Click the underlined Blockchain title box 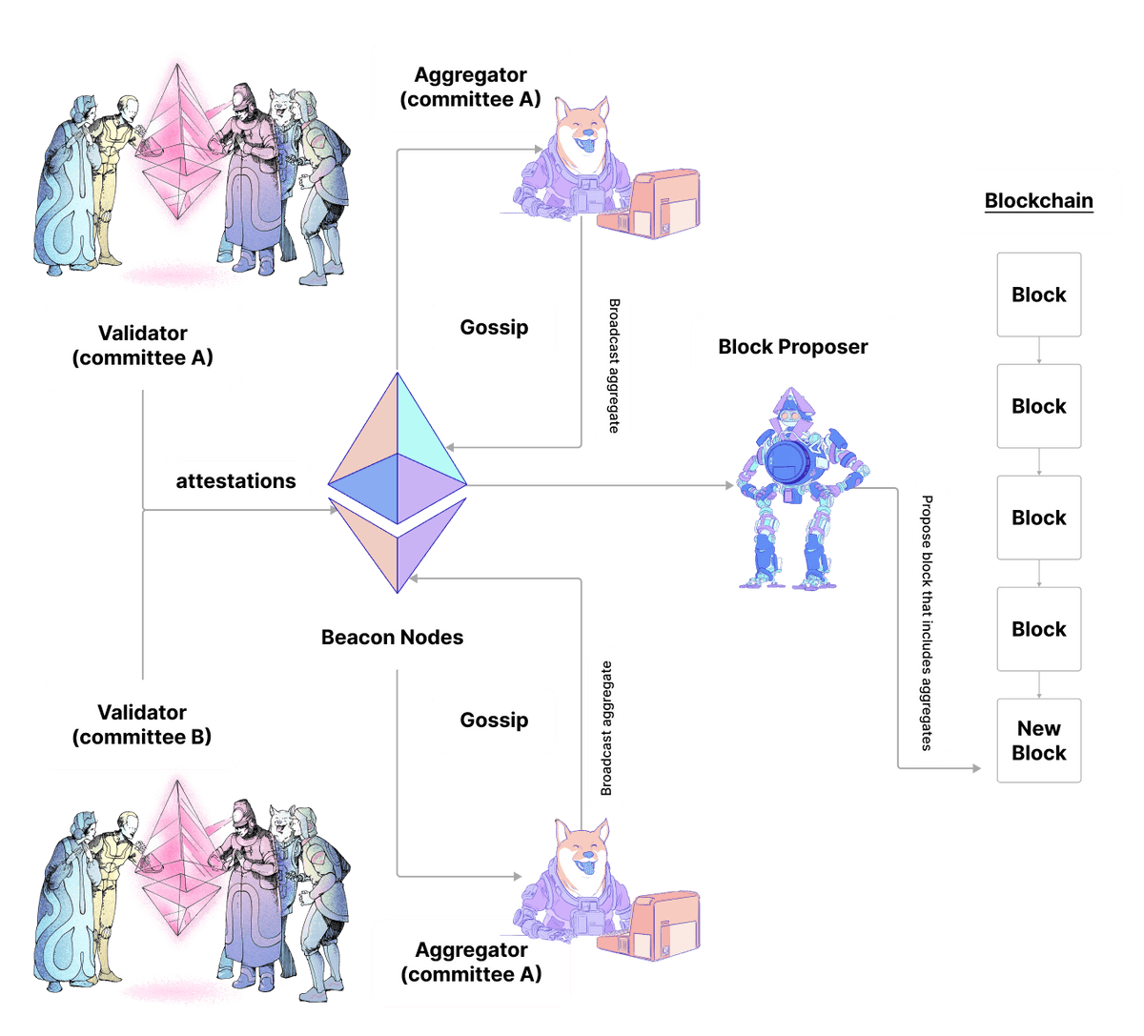point(1038,201)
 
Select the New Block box point(1038,741)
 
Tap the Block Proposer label point(792,346)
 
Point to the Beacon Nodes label point(392,637)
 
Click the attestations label point(235,481)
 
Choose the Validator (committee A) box point(142,346)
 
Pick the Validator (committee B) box point(142,724)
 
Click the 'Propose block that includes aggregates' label point(927,623)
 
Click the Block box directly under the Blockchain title point(1038,295)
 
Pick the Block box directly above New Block point(1038,629)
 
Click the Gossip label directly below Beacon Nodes point(494,720)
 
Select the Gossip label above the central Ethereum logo point(494,327)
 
